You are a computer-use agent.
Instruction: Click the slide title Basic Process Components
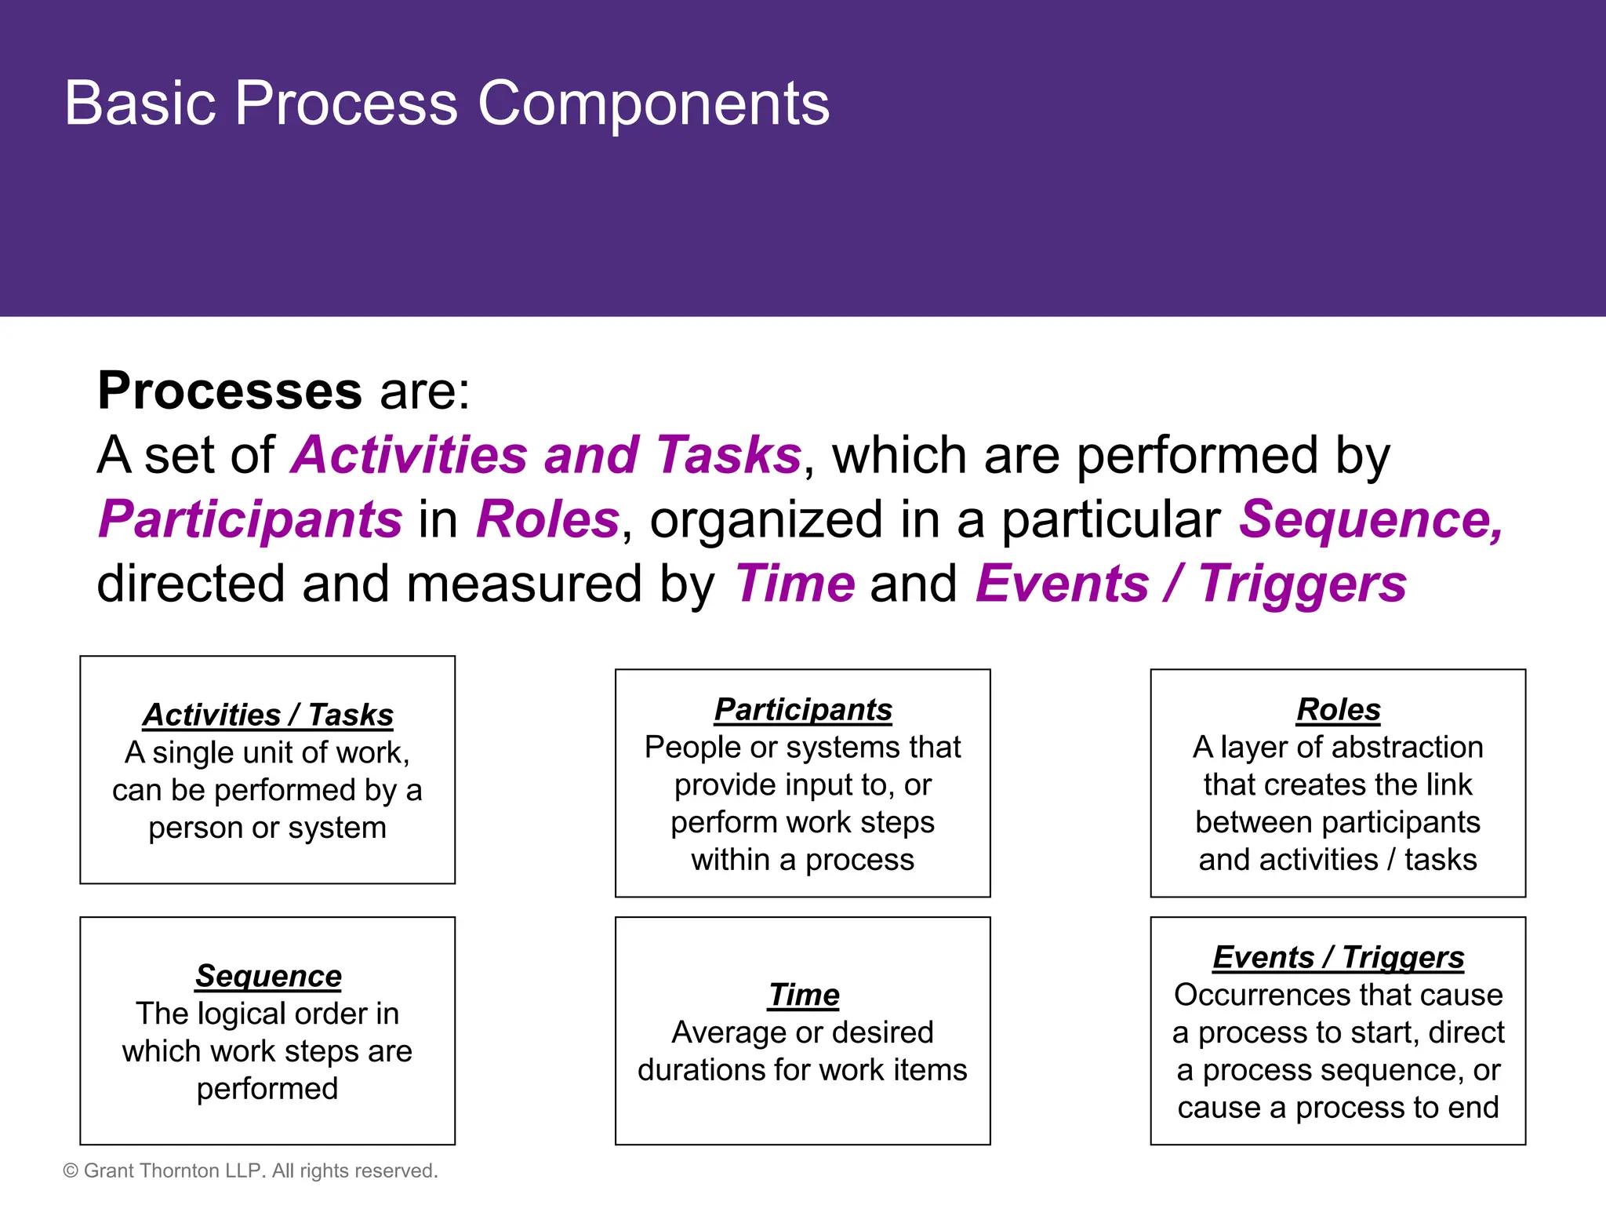pyautogui.click(x=446, y=104)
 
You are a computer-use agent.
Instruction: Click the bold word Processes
pyautogui.click(x=229, y=391)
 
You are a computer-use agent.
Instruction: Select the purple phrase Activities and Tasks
pyautogui.click(x=546, y=455)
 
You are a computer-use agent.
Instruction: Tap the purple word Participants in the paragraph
pyautogui.click(x=250, y=520)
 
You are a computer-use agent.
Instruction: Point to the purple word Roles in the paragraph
pyautogui.click(x=548, y=520)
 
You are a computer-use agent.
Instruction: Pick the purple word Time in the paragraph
pyautogui.click(x=794, y=584)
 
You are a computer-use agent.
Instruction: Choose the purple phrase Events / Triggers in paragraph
pyautogui.click(x=1190, y=584)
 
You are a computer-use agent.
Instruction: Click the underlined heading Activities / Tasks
pyautogui.click(x=267, y=715)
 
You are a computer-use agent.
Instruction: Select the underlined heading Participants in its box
pyautogui.click(x=803, y=709)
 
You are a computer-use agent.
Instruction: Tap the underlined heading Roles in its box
pyautogui.click(x=1338, y=709)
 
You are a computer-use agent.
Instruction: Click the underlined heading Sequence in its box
pyautogui.click(x=268, y=976)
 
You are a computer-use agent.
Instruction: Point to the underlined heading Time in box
pyautogui.click(x=804, y=995)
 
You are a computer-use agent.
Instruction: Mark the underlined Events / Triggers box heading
pyautogui.click(x=1338, y=957)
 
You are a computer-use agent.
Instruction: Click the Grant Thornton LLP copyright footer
pyautogui.click(x=250, y=1170)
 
